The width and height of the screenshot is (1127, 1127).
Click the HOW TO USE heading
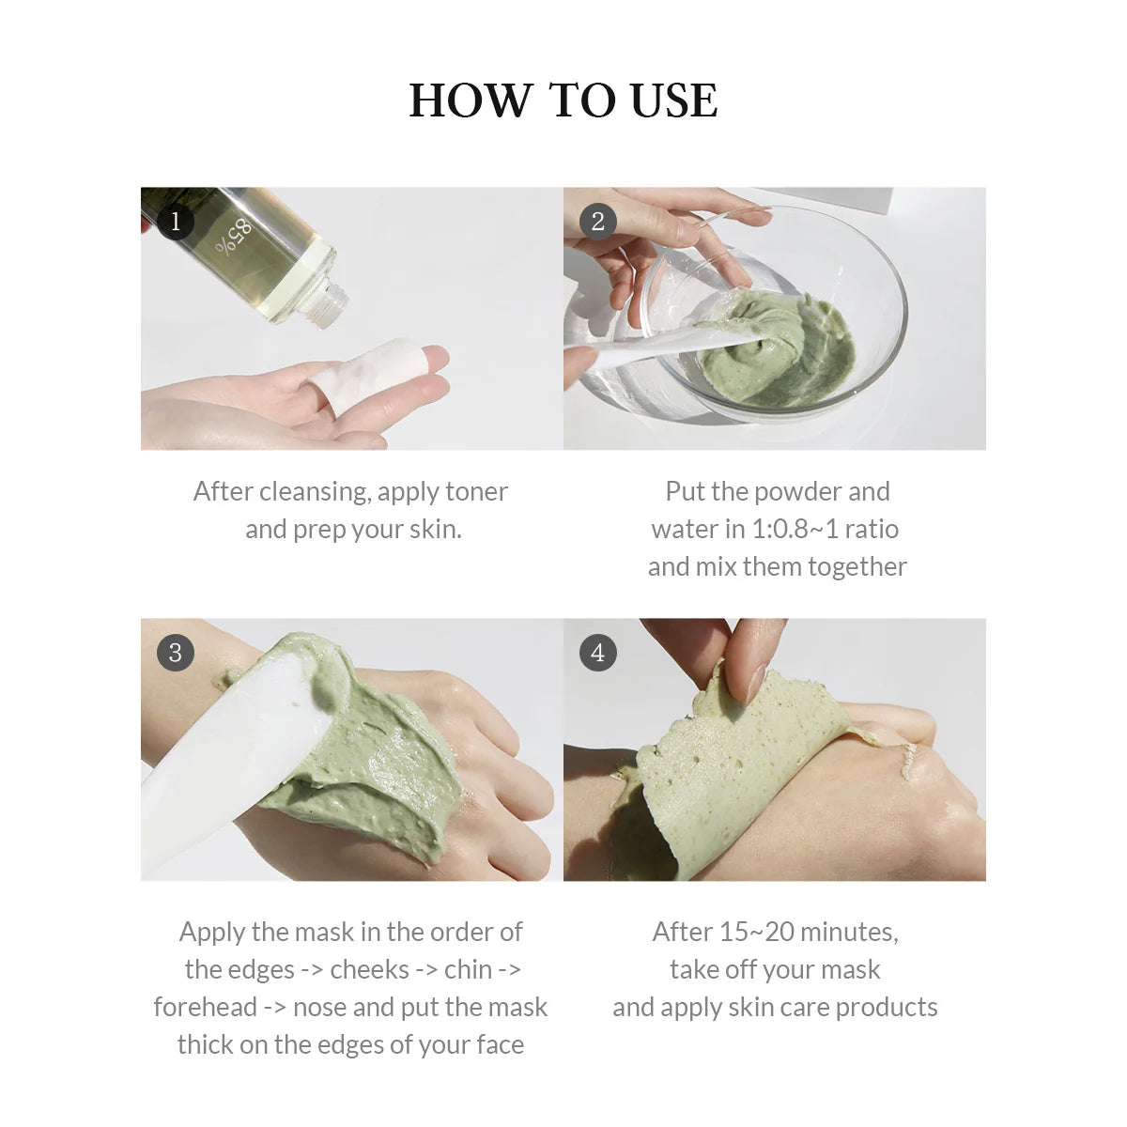pos(563,100)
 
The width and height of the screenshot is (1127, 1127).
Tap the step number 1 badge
pos(175,222)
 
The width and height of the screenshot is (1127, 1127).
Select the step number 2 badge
pos(598,222)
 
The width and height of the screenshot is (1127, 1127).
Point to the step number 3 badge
pos(175,653)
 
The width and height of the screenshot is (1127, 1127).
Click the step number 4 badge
pos(598,653)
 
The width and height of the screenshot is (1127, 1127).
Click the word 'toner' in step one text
pos(476,491)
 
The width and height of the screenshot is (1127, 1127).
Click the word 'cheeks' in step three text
pos(369,969)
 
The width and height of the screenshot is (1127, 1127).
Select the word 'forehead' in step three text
pos(204,1007)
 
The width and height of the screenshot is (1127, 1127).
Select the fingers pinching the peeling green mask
pos(742,657)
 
